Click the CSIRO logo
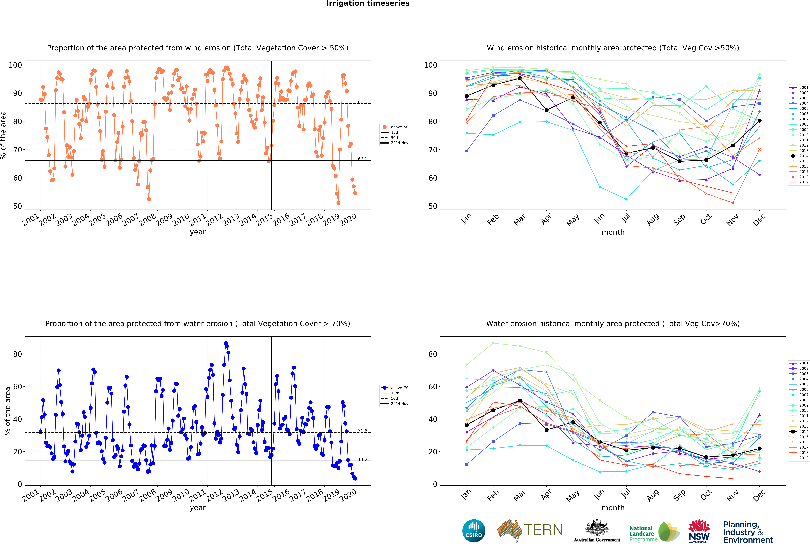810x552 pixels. pos(474,531)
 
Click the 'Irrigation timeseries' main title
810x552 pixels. pos(368,3)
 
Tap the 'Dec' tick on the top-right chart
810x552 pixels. pos(759,220)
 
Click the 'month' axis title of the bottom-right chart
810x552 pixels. pos(613,508)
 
